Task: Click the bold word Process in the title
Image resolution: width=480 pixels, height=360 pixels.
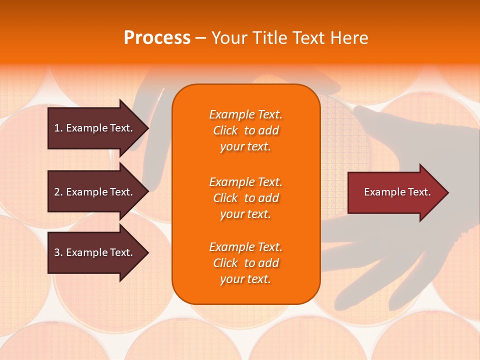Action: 157,38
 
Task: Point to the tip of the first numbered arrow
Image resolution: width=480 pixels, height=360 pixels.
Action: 147,128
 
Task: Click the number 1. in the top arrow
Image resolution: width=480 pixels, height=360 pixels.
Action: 58,128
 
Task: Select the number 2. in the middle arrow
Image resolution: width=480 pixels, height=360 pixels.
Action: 58,192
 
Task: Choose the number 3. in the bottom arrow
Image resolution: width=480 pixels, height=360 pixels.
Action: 58,252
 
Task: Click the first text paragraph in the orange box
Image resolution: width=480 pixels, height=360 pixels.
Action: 245,130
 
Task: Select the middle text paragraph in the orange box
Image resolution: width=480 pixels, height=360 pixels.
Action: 245,198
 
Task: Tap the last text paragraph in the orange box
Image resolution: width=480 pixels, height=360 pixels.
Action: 245,263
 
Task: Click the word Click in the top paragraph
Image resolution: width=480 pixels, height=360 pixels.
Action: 225,130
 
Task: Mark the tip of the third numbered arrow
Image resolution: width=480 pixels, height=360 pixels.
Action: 147,252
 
